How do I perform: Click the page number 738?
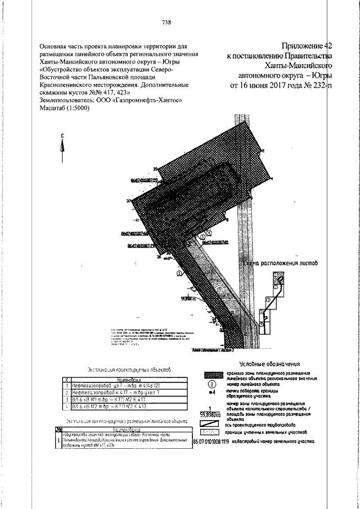coord(166,22)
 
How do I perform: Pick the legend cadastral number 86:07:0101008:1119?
coord(219,442)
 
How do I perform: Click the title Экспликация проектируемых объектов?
coord(130,370)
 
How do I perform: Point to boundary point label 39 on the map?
coord(155,170)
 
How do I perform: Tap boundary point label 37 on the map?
coord(129,201)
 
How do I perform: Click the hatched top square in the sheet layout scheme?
coord(278,277)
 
